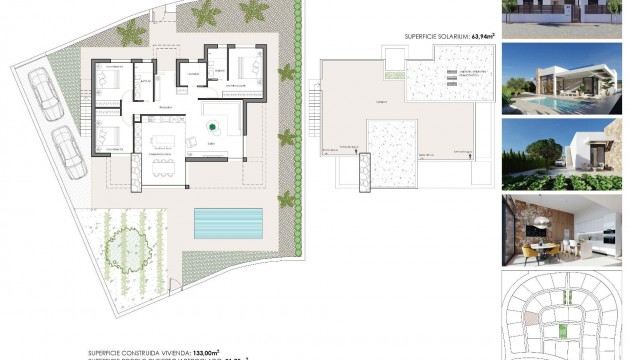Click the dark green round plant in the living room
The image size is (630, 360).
212,127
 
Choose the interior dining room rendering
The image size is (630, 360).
565,229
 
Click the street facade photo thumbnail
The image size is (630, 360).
565,18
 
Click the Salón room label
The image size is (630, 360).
212,143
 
